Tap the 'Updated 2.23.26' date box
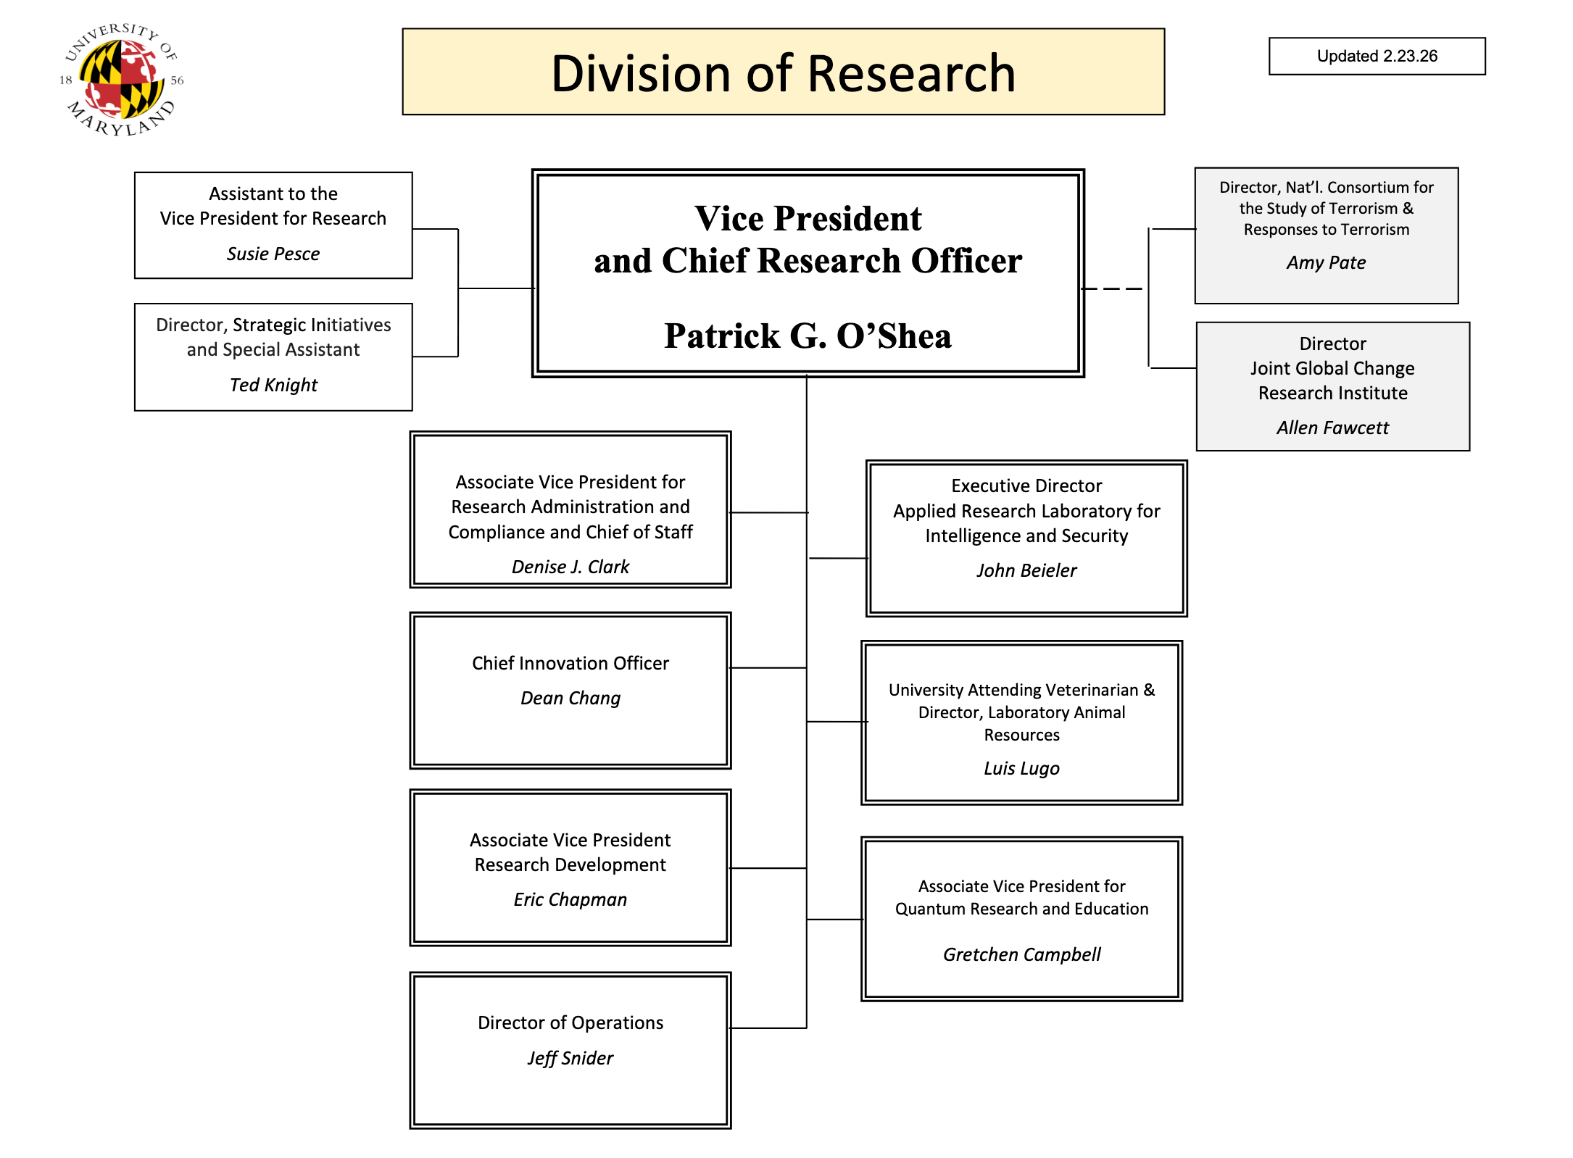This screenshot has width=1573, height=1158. (1377, 57)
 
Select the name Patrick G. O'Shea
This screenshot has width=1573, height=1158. (808, 336)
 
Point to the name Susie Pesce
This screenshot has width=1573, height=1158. (273, 254)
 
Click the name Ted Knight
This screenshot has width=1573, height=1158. (273, 385)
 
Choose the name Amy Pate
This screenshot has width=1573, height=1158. (1326, 262)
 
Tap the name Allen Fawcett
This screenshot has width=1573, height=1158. (1332, 428)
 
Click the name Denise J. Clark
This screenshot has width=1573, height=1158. (570, 567)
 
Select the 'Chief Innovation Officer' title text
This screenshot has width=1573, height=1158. (570, 663)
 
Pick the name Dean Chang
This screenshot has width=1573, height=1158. (570, 698)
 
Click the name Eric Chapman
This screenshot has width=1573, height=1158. (570, 899)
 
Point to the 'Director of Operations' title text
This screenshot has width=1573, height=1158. (570, 1022)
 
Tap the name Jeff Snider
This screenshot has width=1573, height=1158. (570, 1058)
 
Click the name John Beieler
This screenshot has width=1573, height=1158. (1026, 570)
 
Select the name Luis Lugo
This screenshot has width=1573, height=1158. (1021, 768)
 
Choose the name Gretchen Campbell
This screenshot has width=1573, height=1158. (1021, 954)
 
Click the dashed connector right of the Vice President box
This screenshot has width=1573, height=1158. (1113, 288)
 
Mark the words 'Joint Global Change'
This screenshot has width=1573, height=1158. (1332, 368)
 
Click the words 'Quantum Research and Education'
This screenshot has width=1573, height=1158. (1021, 909)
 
